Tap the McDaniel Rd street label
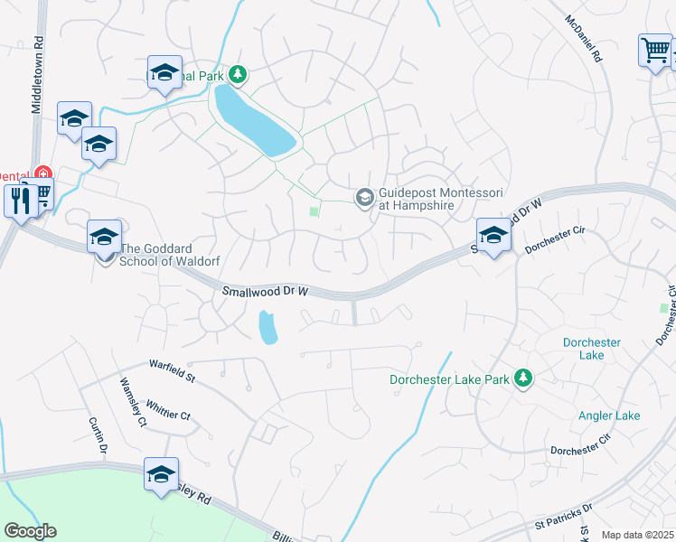click(x=583, y=38)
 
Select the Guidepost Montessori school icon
click(x=365, y=197)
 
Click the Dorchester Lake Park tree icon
click(x=522, y=378)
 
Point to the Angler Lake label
click(x=609, y=416)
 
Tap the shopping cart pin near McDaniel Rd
click(x=654, y=50)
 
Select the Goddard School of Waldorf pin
click(x=104, y=238)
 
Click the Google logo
click(x=30, y=531)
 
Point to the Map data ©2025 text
click(x=638, y=535)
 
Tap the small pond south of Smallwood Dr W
click(x=267, y=328)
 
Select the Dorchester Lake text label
click(x=591, y=349)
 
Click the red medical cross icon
click(x=41, y=173)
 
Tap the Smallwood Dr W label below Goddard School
click(x=266, y=292)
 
